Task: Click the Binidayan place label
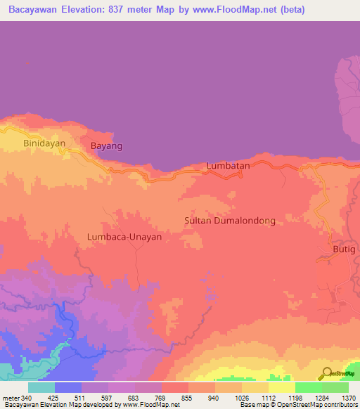[44, 143]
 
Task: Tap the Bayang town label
[107, 146]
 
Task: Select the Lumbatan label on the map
[229, 166]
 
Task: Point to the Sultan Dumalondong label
[229, 221]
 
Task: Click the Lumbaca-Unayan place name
[124, 237]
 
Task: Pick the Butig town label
[345, 249]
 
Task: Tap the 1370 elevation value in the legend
[348, 398]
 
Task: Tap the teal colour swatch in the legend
[41, 387]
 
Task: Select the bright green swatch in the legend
[308, 387]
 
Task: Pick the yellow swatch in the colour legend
[281, 387]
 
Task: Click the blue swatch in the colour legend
[68, 387]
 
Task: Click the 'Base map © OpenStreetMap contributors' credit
[298, 405]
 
